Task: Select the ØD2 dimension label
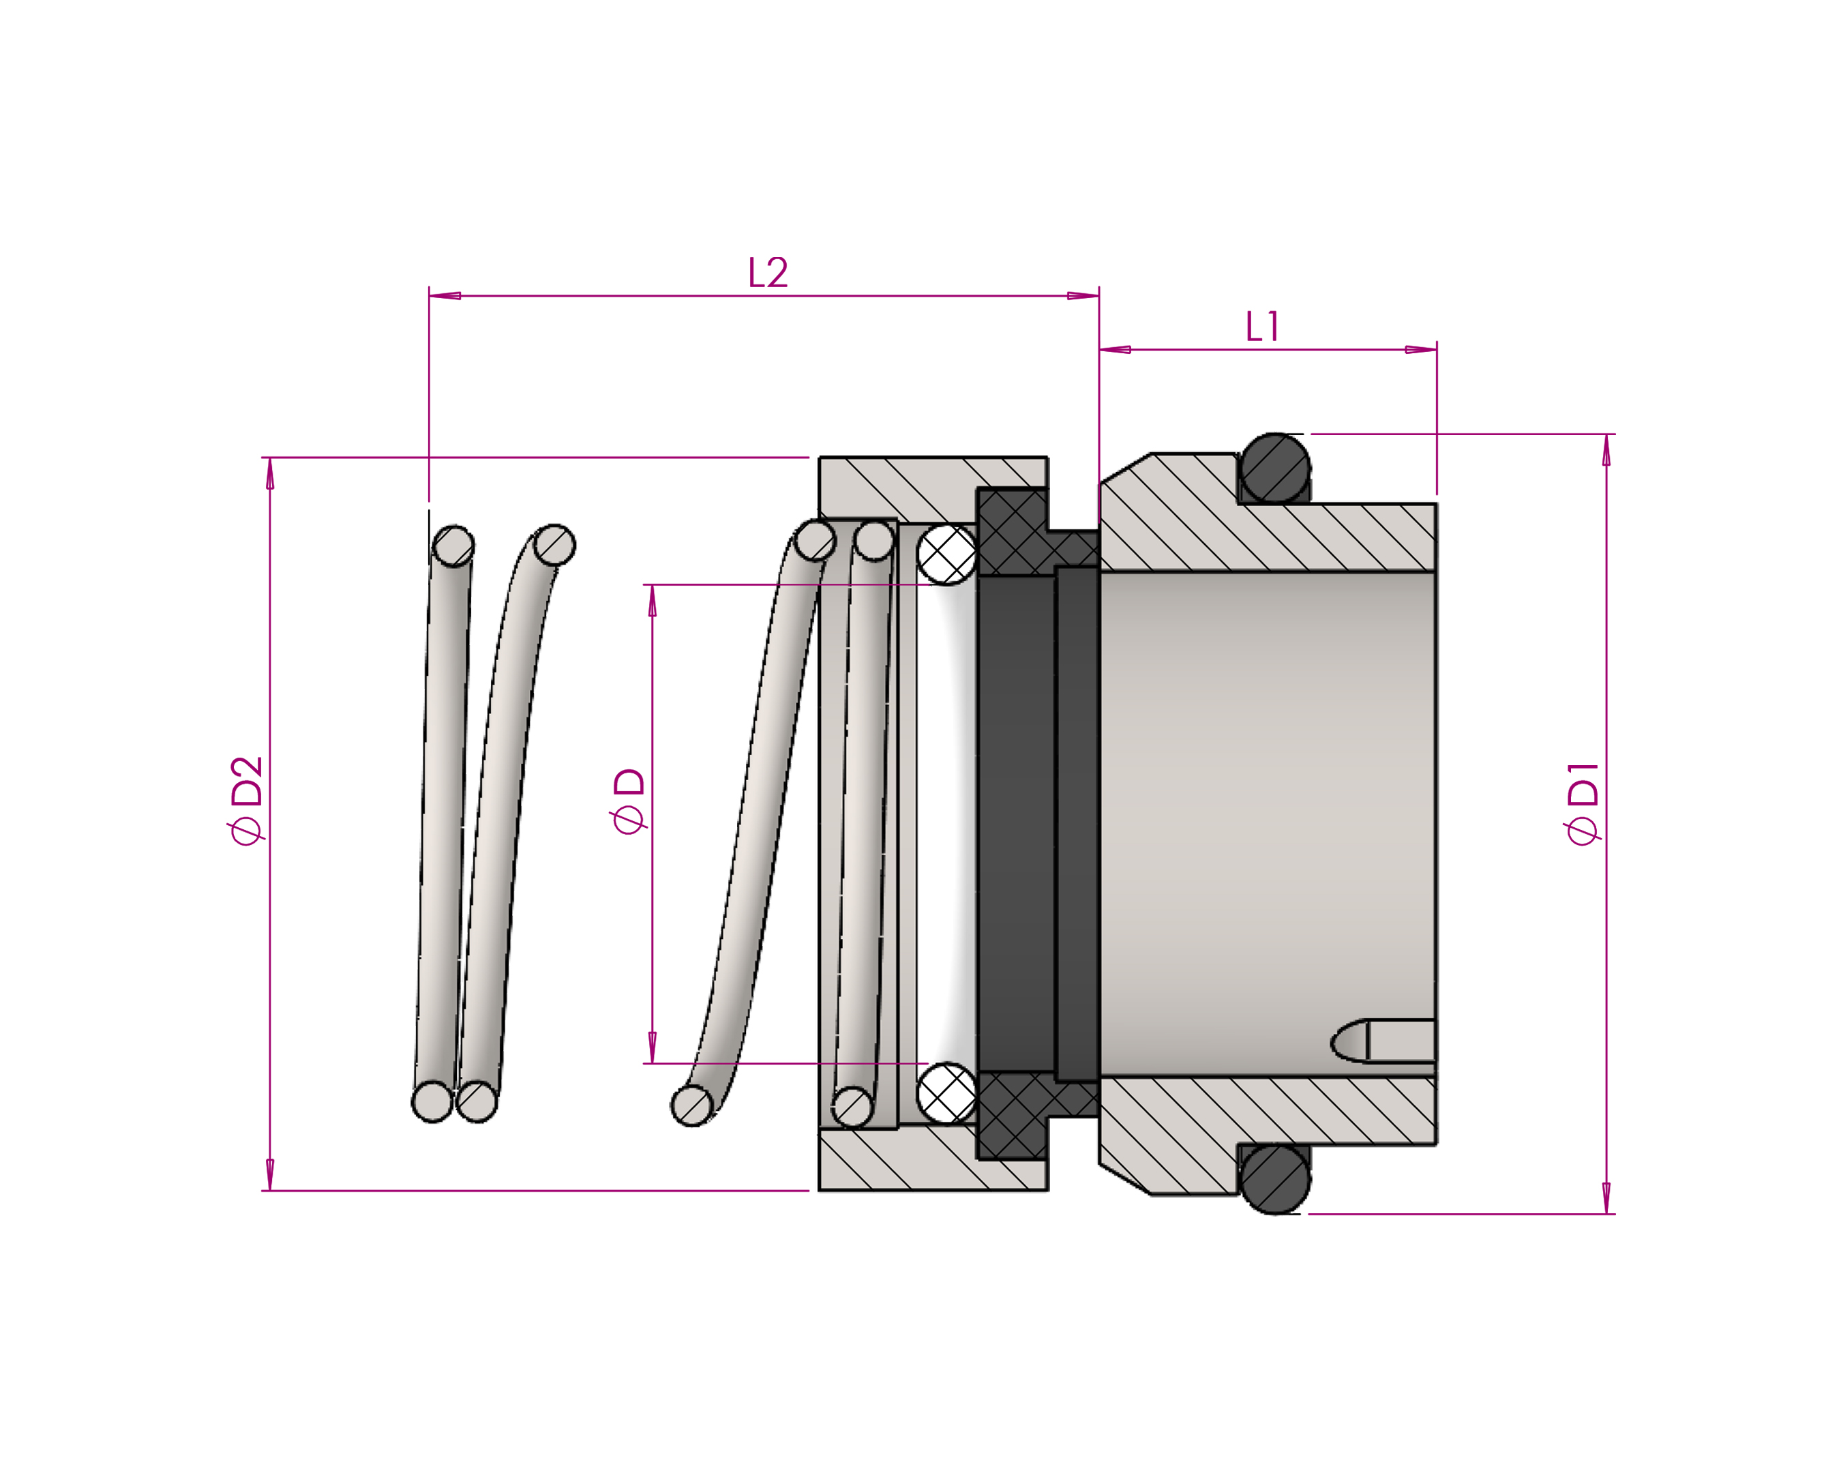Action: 247,800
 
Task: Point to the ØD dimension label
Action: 629,800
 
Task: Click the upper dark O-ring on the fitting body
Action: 1275,468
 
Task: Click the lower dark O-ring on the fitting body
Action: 1275,1178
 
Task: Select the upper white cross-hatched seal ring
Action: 947,554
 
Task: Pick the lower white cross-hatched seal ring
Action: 947,1093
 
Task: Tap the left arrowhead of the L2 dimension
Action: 445,297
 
